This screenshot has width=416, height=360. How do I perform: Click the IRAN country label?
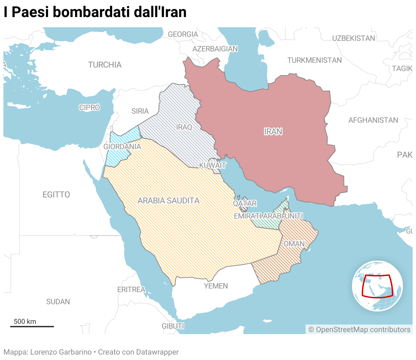pos(273,132)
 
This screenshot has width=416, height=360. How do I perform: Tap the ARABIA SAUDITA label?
pos(168,201)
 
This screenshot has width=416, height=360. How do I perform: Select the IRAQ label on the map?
pos(184,127)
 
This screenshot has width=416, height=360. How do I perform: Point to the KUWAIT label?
pos(213,166)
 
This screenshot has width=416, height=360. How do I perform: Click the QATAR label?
pos(245,204)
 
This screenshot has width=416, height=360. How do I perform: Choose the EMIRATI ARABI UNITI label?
pos(268,216)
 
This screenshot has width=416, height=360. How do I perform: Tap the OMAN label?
pos(294,244)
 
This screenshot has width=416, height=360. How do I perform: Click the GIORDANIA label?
pos(122,147)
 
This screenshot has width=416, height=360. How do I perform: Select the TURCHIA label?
pos(105,65)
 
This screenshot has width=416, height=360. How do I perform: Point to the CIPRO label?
pos(90,108)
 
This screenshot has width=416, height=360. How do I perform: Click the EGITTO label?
pos(56,195)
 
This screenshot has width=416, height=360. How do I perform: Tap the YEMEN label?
pos(216,286)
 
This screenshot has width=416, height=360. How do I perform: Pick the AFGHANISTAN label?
pos(373,120)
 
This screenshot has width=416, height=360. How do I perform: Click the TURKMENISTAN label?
pos(314,60)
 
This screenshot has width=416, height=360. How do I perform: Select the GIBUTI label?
pos(173,326)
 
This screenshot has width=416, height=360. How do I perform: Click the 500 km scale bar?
pos(32,326)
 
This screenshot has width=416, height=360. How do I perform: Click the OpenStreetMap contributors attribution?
pos(359,330)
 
